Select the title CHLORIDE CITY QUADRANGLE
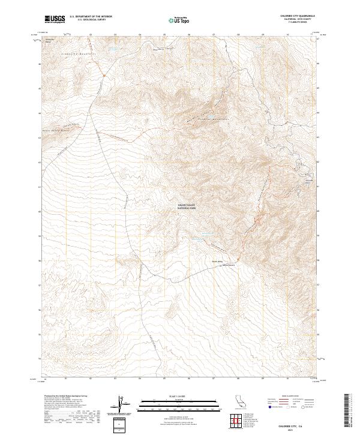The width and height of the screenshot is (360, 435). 298,16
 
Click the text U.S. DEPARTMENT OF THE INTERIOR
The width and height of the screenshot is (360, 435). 91,16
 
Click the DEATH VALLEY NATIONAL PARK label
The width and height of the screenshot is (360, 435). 187,207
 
